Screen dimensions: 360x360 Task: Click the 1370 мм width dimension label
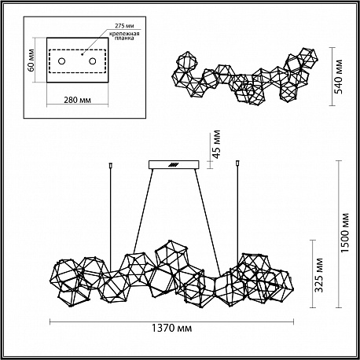[x=172, y=328]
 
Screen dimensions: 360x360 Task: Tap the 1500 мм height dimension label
[x=346, y=233]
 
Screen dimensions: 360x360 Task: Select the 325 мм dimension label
[x=319, y=275]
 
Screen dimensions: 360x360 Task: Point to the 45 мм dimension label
[x=216, y=145]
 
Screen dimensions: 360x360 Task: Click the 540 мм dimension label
[x=339, y=76]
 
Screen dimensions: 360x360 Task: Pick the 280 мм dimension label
[x=77, y=100]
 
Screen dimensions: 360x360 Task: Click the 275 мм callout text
[x=124, y=26]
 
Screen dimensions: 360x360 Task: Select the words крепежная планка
[x=124, y=36]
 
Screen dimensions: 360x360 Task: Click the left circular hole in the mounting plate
[x=61, y=61]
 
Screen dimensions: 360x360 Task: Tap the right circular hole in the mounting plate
[x=92, y=61]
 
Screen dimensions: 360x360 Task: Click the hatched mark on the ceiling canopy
[x=173, y=165]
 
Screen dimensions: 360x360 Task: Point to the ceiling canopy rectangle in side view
[x=174, y=165]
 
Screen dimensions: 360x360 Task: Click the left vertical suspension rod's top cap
[x=111, y=165]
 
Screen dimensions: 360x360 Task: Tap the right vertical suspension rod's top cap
[x=238, y=163]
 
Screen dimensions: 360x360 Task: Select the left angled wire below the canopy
[x=143, y=211]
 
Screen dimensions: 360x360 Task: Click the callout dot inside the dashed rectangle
[x=82, y=55]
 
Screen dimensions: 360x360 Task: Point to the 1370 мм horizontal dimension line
[x=171, y=322]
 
